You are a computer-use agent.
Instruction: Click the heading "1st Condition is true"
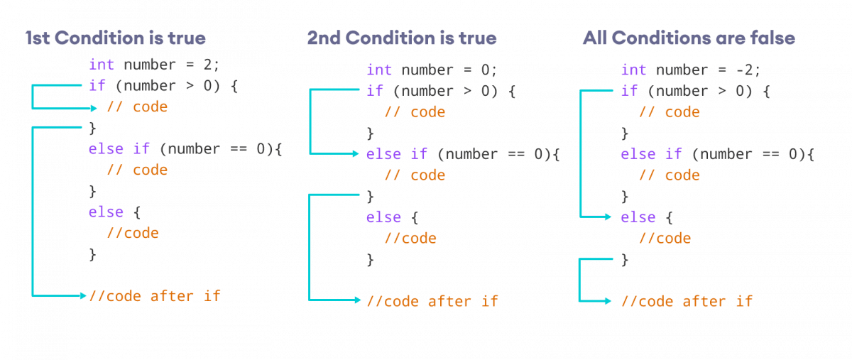coord(116,38)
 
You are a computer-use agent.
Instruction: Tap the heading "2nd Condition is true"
coord(402,38)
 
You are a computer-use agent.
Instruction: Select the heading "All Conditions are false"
coord(688,38)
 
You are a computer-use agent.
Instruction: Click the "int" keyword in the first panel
coord(102,65)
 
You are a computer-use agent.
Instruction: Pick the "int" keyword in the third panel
coord(633,70)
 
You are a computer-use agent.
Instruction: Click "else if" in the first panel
coord(115,149)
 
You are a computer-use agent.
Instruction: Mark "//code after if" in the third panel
coord(687,301)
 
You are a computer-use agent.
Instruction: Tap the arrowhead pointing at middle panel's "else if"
coord(357,153)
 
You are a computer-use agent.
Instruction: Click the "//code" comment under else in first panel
coord(133,233)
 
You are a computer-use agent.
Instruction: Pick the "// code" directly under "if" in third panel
coord(670,112)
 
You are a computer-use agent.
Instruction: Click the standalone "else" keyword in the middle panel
coord(384,217)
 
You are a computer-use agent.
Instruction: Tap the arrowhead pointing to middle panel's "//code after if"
coord(357,300)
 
